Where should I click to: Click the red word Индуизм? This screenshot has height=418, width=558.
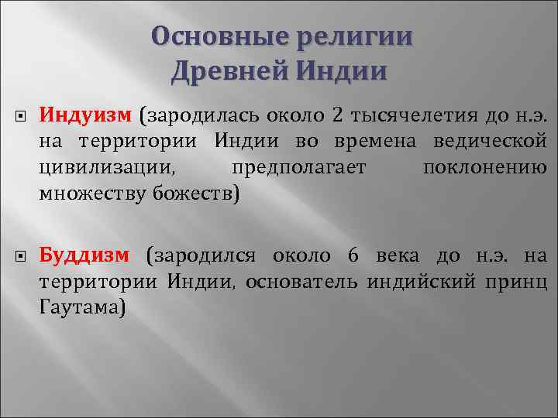click(86, 117)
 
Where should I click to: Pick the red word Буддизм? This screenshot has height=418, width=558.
click(87, 255)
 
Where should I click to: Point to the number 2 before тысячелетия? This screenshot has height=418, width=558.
click(336, 117)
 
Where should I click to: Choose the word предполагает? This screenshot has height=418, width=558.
click(298, 167)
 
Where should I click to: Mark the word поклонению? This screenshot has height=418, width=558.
click(486, 167)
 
